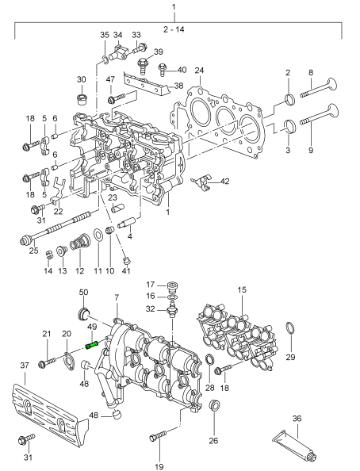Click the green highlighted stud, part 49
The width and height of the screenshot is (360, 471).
(92, 345)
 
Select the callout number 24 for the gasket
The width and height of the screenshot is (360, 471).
(199, 71)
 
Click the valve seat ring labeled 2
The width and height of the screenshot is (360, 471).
(289, 99)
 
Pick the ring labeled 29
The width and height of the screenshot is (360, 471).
(290, 328)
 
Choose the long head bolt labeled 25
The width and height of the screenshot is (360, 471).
(55, 228)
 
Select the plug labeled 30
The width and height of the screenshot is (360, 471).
(81, 99)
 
